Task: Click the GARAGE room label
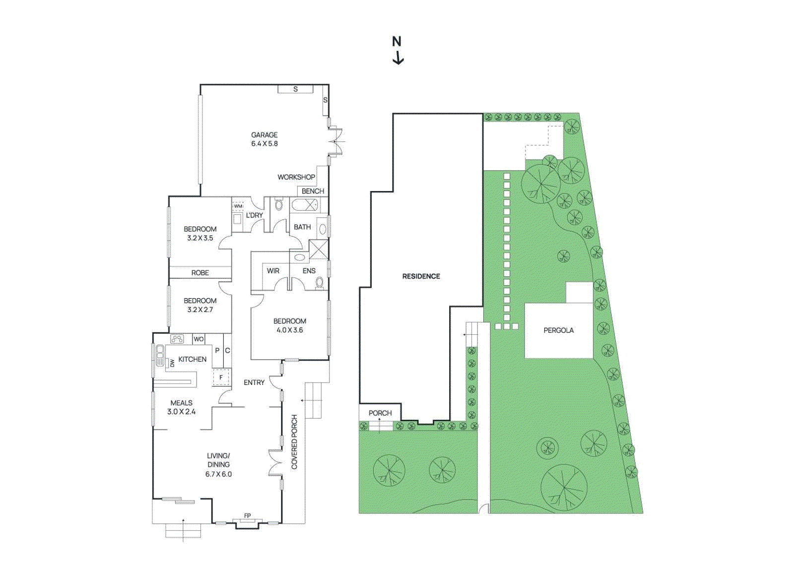pyautogui.click(x=264, y=135)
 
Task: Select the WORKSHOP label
pyautogui.click(x=296, y=177)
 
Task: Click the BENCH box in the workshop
pyautogui.click(x=313, y=191)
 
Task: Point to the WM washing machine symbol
pyautogui.click(x=238, y=206)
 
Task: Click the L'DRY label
pyautogui.click(x=254, y=215)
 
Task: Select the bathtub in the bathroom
pyautogui.click(x=304, y=204)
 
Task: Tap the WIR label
pyautogui.click(x=273, y=271)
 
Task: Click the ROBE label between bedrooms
pyautogui.click(x=200, y=273)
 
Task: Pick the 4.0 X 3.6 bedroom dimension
pyautogui.click(x=289, y=330)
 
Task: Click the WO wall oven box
pyautogui.click(x=198, y=339)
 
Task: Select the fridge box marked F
pyautogui.click(x=221, y=378)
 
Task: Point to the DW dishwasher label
pyautogui.click(x=172, y=364)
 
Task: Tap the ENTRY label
pyautogui.click(x=254, y=383)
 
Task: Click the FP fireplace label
pyautogui.click(x=247, y=516)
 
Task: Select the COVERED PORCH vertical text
pyautogui.click(x=294, y=442)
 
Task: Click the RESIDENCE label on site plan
pyautogui.click(x=421, y=276)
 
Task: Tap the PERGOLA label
pyautogui.click(x=558, y=330)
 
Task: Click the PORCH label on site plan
pyautogui.click(x=380, y=413)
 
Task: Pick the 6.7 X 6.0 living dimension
pyautogui.click(x=218, y=474)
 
